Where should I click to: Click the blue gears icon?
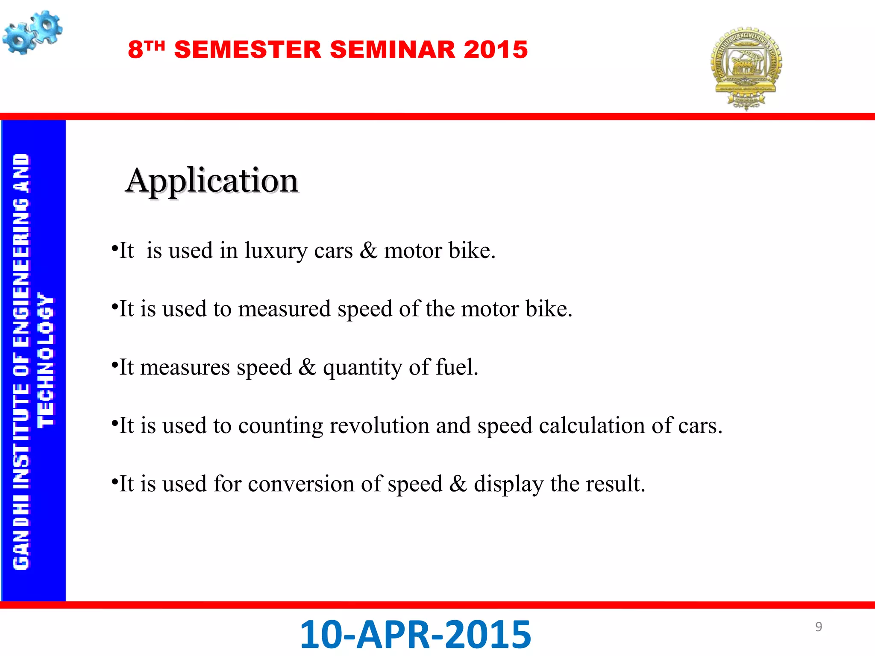[32, 32]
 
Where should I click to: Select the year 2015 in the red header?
[496, 50]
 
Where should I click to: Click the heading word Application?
[212, 181]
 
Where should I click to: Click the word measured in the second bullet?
[284, 309]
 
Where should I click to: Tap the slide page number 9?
[819, 627]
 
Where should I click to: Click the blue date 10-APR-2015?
[415, 635]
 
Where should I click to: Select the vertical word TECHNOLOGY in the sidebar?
[46, 360]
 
